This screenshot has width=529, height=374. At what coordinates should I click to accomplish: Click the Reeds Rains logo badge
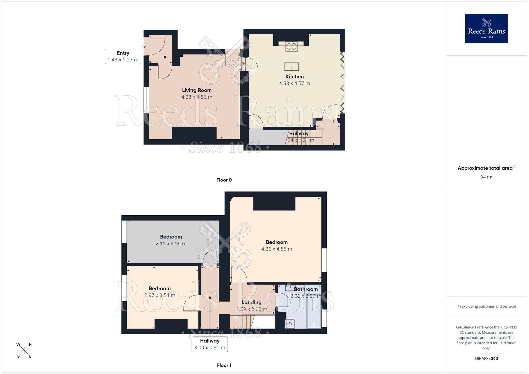point(486,29)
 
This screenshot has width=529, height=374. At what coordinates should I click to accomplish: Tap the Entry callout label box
point(123,56)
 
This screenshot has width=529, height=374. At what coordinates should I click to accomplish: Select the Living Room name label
point(197,90)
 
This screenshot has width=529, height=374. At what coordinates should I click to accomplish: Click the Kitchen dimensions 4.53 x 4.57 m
point(294,83)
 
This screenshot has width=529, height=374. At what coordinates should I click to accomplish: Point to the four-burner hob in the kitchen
point(291,47)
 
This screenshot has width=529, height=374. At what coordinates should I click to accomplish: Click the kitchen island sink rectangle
point(292,67)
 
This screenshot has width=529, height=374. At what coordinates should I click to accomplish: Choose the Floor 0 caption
point(224,180)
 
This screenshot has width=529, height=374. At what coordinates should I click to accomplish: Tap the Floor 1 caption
point(224,365)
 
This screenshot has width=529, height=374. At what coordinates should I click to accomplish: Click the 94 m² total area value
point(486,177)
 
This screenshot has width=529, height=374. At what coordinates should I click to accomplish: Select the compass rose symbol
point(24,350)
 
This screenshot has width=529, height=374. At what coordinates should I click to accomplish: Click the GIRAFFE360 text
point(486,358)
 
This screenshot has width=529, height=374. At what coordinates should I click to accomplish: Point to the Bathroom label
point(306,289)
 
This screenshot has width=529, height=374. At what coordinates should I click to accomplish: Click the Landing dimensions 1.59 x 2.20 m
point(252,309)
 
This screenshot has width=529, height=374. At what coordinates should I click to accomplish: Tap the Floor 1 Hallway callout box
point(210,344)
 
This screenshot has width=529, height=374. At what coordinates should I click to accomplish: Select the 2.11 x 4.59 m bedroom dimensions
point(171,244)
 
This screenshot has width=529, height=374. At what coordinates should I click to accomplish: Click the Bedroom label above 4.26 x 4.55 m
point(277,242)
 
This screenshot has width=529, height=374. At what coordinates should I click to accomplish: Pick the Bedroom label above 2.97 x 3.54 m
point(159,288)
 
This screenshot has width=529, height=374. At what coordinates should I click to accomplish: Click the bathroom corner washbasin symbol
point(290,323)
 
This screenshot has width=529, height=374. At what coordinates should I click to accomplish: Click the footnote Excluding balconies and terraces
point(486,306)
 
